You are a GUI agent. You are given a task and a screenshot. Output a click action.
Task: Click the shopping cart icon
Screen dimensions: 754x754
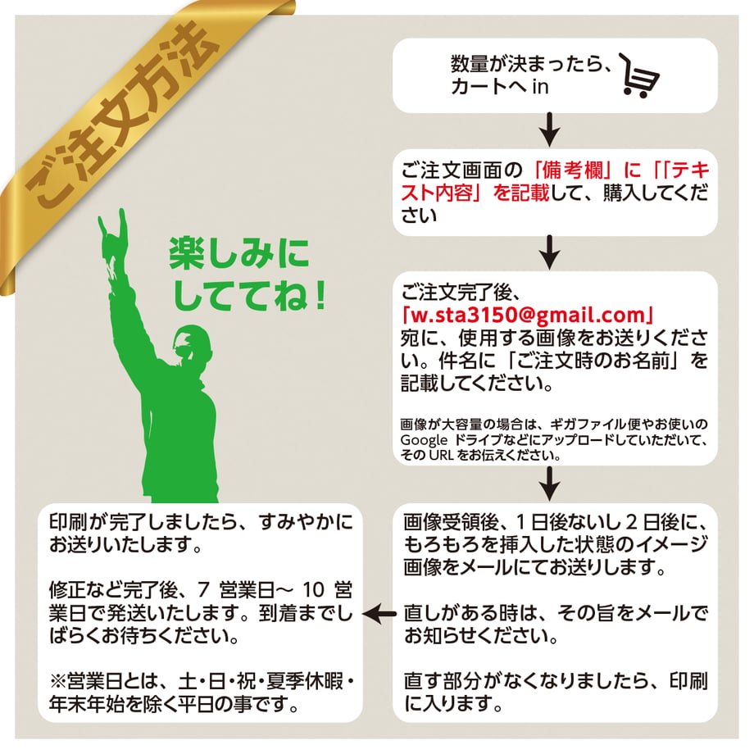639,76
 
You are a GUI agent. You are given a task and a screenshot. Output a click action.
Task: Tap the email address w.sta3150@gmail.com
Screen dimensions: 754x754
528,315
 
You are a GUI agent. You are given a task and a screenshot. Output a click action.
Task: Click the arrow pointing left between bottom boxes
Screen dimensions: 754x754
379,614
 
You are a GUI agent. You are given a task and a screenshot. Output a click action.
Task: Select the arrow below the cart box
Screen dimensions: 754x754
550,129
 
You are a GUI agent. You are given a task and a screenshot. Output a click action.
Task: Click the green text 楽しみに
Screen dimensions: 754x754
239,253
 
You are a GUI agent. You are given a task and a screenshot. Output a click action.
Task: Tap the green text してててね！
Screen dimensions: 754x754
249,295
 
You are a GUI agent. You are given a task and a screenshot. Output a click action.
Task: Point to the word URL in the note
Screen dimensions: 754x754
441,455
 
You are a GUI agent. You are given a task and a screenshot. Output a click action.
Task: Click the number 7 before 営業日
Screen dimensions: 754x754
204,590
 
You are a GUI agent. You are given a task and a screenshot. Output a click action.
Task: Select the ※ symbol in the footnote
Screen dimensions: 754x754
57,681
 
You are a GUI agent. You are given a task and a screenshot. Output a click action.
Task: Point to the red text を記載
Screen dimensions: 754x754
520,193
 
